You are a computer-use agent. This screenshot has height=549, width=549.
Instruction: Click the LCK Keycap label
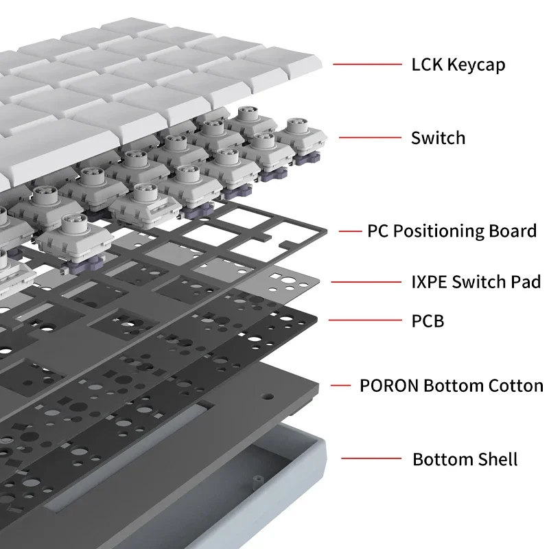coord(458,65)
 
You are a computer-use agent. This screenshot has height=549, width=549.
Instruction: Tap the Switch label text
coord(438,138)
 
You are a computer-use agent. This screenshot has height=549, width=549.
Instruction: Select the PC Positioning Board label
coord(452,231)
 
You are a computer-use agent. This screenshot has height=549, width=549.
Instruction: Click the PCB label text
coord(427,320)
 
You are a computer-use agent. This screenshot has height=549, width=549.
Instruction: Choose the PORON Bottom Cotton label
coord(451,386)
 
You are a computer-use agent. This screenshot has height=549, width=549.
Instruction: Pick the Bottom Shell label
coord(465,459)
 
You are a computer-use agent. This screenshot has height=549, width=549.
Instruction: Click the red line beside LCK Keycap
coord(368,65)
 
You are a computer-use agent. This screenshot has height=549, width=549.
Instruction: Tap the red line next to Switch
coord(370,138)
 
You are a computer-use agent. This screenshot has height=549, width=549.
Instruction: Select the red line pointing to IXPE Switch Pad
coord(365,281)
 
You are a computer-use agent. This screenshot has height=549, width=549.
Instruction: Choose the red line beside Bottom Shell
coord(371,458)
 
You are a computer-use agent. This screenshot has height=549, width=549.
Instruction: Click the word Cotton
coord(515,386)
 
